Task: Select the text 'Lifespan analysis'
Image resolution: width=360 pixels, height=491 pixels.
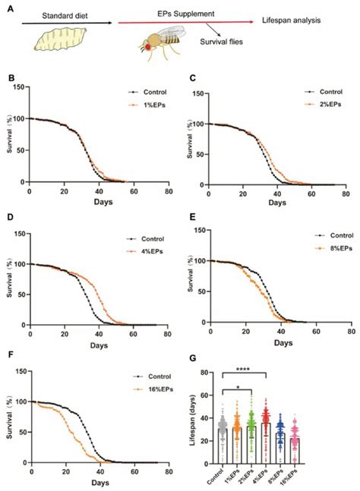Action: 299,20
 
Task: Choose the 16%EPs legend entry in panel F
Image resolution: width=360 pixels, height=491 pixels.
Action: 148,388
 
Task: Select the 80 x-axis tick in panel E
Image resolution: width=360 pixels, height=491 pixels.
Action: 350,331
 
